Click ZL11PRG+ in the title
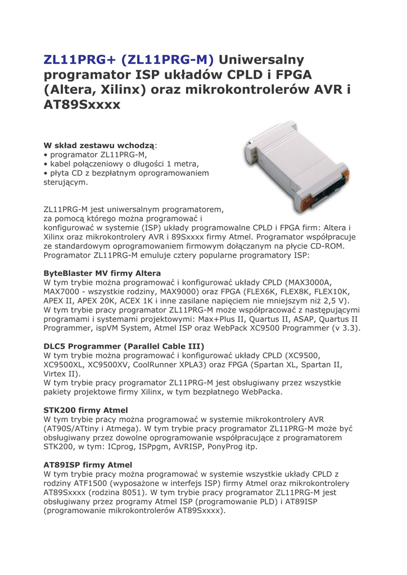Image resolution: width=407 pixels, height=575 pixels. click(79, 60)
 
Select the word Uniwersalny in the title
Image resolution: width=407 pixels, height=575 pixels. click(261, 60)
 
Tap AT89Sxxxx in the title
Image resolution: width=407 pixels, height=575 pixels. click(82, 105)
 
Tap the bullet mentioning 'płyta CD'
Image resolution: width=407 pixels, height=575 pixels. click(126, 173)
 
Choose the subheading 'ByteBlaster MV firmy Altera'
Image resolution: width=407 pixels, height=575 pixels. click(102, 273)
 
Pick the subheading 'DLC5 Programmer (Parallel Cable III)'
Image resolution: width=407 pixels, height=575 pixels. click(124, 346)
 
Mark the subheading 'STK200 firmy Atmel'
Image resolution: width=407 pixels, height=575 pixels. click(85, 410)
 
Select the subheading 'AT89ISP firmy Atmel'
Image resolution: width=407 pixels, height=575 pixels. click(88, 465)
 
